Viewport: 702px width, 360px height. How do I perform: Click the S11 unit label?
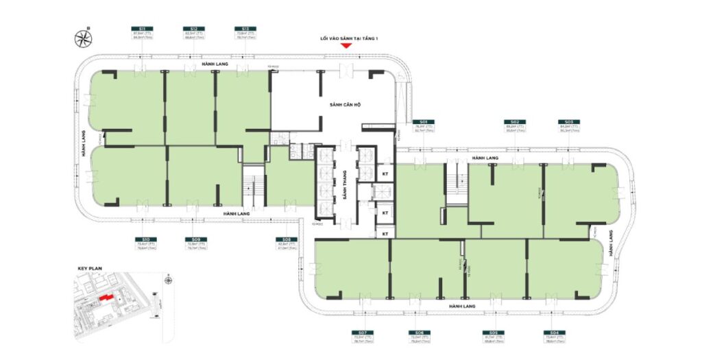[141, 29]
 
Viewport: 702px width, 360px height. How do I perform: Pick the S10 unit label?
[142, 240]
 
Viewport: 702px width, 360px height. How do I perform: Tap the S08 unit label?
[287, 240]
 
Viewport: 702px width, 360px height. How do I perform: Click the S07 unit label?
[361, 333]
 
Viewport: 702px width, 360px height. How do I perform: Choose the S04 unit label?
[553, 333]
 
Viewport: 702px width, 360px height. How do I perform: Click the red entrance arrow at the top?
[347, 46]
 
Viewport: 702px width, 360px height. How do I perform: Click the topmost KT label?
[385, 175]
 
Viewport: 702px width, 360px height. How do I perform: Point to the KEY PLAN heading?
[89, 269]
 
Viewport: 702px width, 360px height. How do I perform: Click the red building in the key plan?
[104, 298]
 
